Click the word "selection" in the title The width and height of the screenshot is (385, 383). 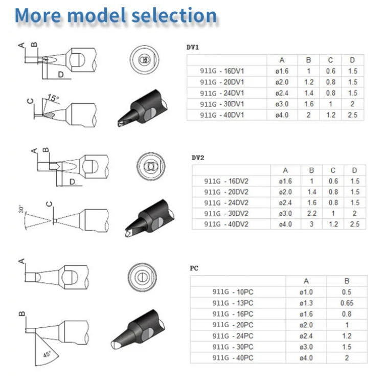(x=174, y=15)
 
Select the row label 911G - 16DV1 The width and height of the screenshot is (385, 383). (x=222, y=71)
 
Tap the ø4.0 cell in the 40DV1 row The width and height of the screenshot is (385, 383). (x=282, y=115)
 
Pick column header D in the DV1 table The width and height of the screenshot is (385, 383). (x=352, y=60)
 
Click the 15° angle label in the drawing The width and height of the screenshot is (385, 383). (x=53, y=98)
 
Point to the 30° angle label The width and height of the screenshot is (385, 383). (x=21, y=209)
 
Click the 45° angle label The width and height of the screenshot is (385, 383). (x=47, y=354)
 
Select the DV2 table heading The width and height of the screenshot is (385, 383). (x=198, y=157)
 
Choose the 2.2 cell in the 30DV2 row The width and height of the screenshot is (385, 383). (x=311, y=213)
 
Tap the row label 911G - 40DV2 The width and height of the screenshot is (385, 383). (x=226, y=224)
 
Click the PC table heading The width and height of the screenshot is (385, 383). (x=194, y=268)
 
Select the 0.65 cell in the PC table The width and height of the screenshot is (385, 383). (x=347, y=303)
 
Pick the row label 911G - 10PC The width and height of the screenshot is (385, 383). (x=233, y=292)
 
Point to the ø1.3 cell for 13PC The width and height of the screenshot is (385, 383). (x=306, y=303)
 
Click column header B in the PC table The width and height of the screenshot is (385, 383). (x=347, y=281)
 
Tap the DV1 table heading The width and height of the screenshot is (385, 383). (x=192, y=47)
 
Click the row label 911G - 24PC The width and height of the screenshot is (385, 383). (x=233, y=336)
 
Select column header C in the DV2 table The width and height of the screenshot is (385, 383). (x=333, y=170)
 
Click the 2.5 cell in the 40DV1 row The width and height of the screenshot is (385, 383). (x=352, y=115)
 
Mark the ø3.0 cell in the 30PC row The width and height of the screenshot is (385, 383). (x=306, y=347)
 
